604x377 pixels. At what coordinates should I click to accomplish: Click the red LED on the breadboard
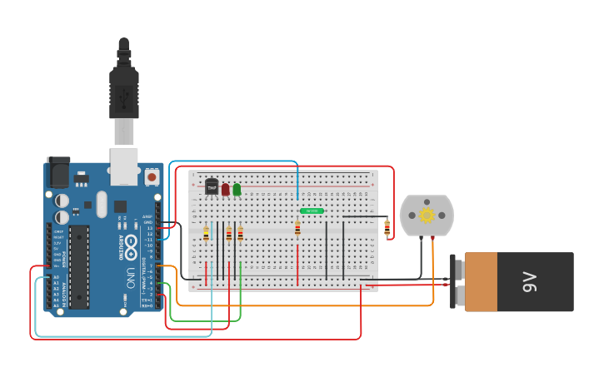click(x=225, y=190)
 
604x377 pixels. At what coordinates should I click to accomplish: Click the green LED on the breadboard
click(x=237, y=190)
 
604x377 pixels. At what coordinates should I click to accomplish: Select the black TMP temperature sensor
click(x=212, y=186)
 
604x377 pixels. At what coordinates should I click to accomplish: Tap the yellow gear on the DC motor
click(x=427, y=216)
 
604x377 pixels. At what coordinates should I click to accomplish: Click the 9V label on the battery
click(x=529, y=282)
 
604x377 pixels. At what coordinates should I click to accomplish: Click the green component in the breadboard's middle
click(x=312, y=211)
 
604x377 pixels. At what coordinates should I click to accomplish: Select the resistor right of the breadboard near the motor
click(x=387, y=227)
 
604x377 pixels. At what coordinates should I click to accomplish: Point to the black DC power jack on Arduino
click(x=58, y=172)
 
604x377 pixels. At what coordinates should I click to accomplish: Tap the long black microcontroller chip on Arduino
click(x=79, y=266)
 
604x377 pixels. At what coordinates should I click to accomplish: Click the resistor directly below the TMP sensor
click(x=206, y=235)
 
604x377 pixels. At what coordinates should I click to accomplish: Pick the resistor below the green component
click(x=297, y=229)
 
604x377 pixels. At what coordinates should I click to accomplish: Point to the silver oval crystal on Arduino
click(x=102, y=204)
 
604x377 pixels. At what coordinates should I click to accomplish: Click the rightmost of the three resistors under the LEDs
click(x=240, y=235)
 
